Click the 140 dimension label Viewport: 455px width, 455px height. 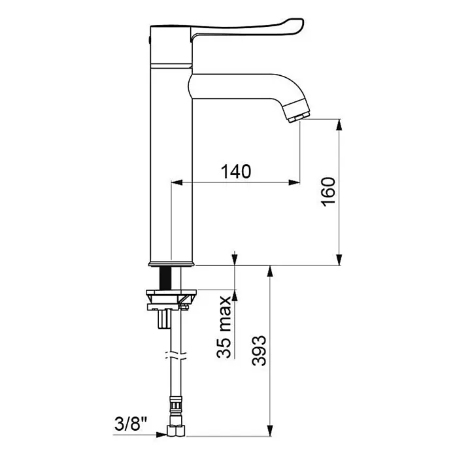236,171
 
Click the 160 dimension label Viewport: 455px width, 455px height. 328,192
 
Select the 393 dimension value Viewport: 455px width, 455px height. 259,350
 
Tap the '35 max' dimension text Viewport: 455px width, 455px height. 224,327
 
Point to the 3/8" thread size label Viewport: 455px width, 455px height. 131,424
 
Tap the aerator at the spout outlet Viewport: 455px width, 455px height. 297,111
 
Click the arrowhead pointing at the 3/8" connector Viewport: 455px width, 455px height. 161,434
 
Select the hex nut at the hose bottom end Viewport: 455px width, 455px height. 176,430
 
